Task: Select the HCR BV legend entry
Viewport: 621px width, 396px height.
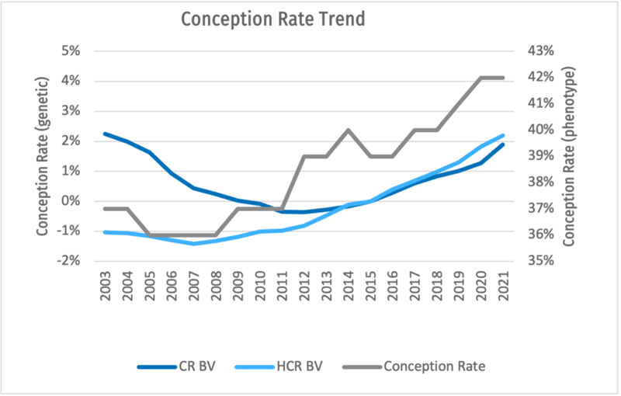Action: click(300, 366)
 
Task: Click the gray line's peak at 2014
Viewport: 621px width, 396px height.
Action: click(348, 130)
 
